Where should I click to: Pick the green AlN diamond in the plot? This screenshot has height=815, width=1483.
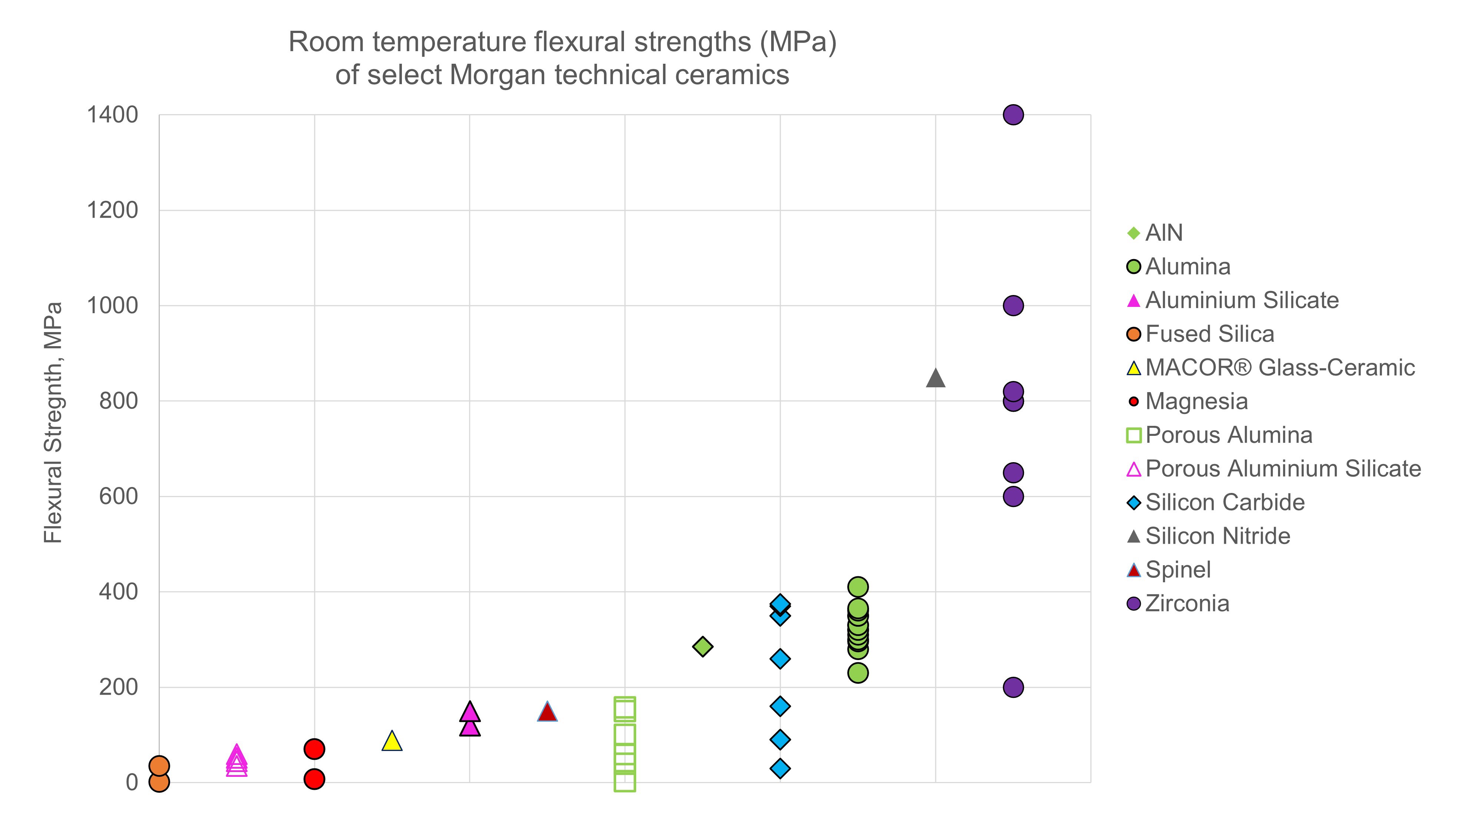point(702,646)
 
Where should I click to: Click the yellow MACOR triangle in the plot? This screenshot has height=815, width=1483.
point(392,741)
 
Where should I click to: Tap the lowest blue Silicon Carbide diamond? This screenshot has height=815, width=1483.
point(780,768)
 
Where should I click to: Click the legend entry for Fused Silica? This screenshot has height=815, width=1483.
point(1209,334)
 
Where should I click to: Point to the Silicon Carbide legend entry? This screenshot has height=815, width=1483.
point(1225,503)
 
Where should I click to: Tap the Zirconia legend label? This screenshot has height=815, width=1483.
point(1187,603)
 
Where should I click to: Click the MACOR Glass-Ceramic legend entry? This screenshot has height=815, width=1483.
point(1279,367)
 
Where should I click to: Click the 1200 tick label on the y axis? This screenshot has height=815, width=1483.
point(112,210)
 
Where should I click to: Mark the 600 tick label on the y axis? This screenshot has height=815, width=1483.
point(118,496)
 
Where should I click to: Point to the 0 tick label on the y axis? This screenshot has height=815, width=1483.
point(132,782)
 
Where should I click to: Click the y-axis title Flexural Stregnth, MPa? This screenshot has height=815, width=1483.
point(53,423)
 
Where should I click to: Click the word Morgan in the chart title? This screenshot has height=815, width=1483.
point(497,75)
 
